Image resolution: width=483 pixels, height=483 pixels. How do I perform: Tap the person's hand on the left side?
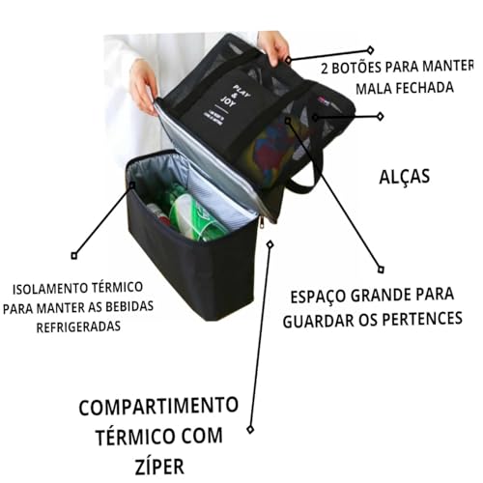tap(142, 83)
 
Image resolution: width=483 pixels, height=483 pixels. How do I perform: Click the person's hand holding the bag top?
tap(274, 46)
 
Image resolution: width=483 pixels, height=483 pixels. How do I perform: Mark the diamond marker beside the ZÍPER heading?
tap(250, 428)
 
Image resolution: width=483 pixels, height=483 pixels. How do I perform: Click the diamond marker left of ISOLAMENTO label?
tap(74, 256)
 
